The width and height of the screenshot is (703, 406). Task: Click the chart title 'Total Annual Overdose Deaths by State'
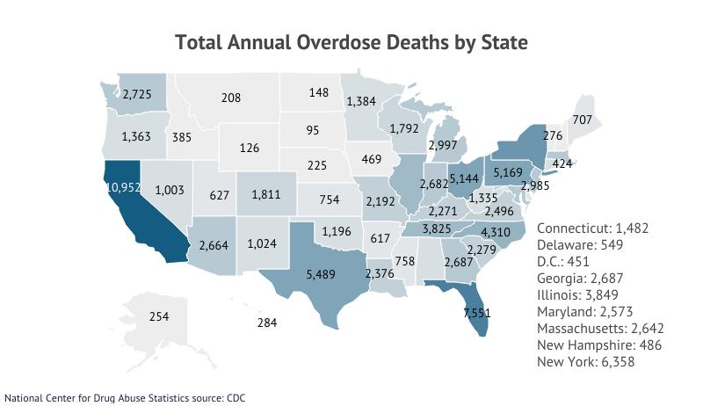[351, 42]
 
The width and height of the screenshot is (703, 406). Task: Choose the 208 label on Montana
[231, 98]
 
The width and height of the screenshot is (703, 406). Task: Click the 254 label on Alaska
[159, 316]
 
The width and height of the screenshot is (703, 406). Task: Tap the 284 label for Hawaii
[267, 323]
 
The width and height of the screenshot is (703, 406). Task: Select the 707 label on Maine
[582, 119]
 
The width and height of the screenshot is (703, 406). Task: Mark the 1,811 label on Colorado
[265, 194]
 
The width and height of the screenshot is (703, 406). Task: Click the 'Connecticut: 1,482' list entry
[592, 228]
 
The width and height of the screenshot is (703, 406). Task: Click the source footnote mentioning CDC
[125, 397]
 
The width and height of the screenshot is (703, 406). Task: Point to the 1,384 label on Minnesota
[362, 102]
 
